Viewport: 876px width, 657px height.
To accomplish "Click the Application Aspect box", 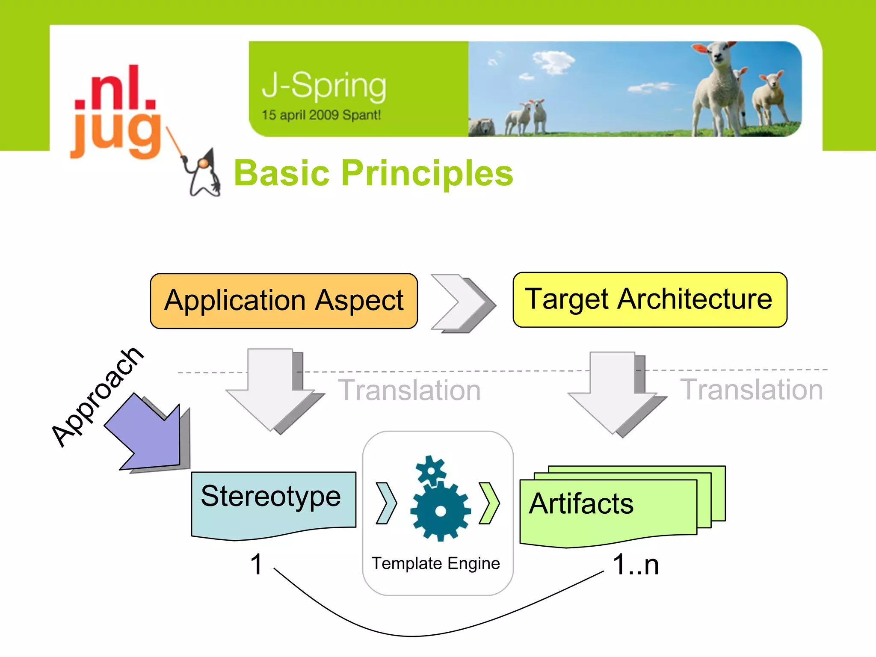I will point(284,301).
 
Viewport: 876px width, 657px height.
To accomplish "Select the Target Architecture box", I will point(649,299).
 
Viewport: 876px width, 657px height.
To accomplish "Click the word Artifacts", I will point(581,503).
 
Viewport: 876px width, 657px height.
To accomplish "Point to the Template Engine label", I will point(435,563).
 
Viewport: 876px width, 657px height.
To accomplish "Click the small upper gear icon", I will point(431,471).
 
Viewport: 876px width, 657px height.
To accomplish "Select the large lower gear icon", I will point(440,510).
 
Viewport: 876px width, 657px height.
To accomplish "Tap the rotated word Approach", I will point(97,397).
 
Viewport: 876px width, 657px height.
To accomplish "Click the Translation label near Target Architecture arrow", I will point(751,390).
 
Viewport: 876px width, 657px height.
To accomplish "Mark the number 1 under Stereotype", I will point(256,564).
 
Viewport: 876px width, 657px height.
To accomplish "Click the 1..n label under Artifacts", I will point(636,564).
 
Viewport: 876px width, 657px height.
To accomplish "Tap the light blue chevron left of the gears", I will point(386,503).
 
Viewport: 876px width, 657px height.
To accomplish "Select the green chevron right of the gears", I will point(489,503).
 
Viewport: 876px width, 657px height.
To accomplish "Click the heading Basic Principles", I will point(373,173).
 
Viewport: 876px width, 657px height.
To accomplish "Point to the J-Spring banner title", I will point(324,86).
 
